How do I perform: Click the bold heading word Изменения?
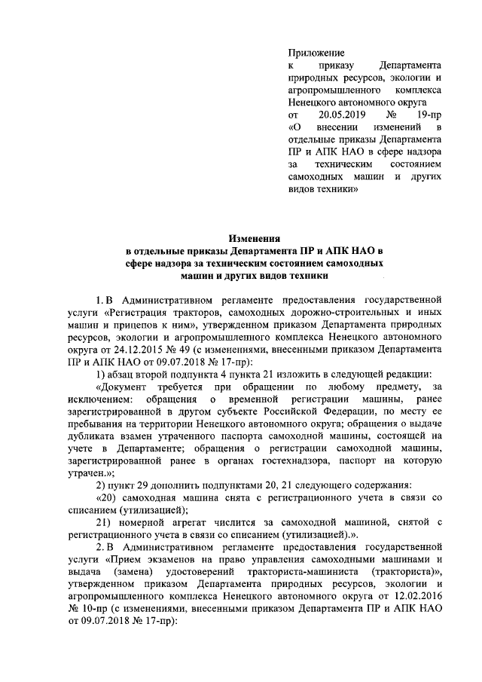click(253, 237)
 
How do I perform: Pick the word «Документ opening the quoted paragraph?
click(123, 386)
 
